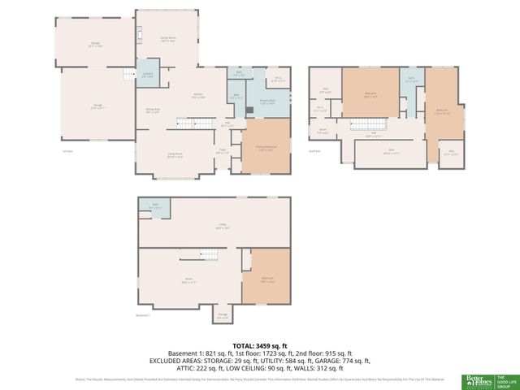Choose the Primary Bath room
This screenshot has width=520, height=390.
266,102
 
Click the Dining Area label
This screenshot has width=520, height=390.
152,111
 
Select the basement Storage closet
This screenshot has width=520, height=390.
223,316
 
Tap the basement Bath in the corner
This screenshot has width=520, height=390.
154,206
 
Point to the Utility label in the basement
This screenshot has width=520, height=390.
221,227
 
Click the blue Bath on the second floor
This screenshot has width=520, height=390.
411,82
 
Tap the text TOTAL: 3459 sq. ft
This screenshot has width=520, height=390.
259,345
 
